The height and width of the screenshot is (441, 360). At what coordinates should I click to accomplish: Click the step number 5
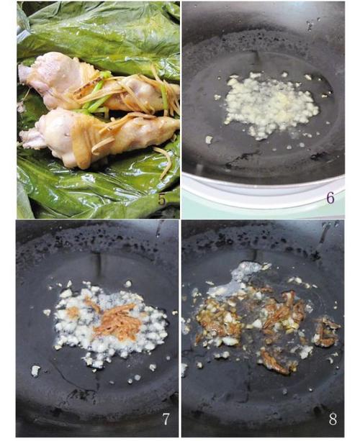(162, 200)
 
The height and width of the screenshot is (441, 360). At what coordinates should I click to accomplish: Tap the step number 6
(330, 198)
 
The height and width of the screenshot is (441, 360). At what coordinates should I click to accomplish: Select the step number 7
(166, 419)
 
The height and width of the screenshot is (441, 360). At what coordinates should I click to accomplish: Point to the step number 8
(333, 419)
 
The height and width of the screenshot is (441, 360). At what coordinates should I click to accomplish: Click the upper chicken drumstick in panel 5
(99, 84)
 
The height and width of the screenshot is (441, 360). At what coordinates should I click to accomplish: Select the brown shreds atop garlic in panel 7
(118, 321)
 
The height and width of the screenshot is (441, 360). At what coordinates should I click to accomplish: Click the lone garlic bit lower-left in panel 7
(35, 370)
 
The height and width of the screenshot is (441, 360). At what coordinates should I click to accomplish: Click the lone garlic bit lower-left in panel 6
(209, 140)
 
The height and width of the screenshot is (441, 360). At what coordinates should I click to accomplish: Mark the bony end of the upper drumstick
(25, 72)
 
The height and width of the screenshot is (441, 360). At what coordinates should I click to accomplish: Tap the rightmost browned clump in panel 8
(326, 332)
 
